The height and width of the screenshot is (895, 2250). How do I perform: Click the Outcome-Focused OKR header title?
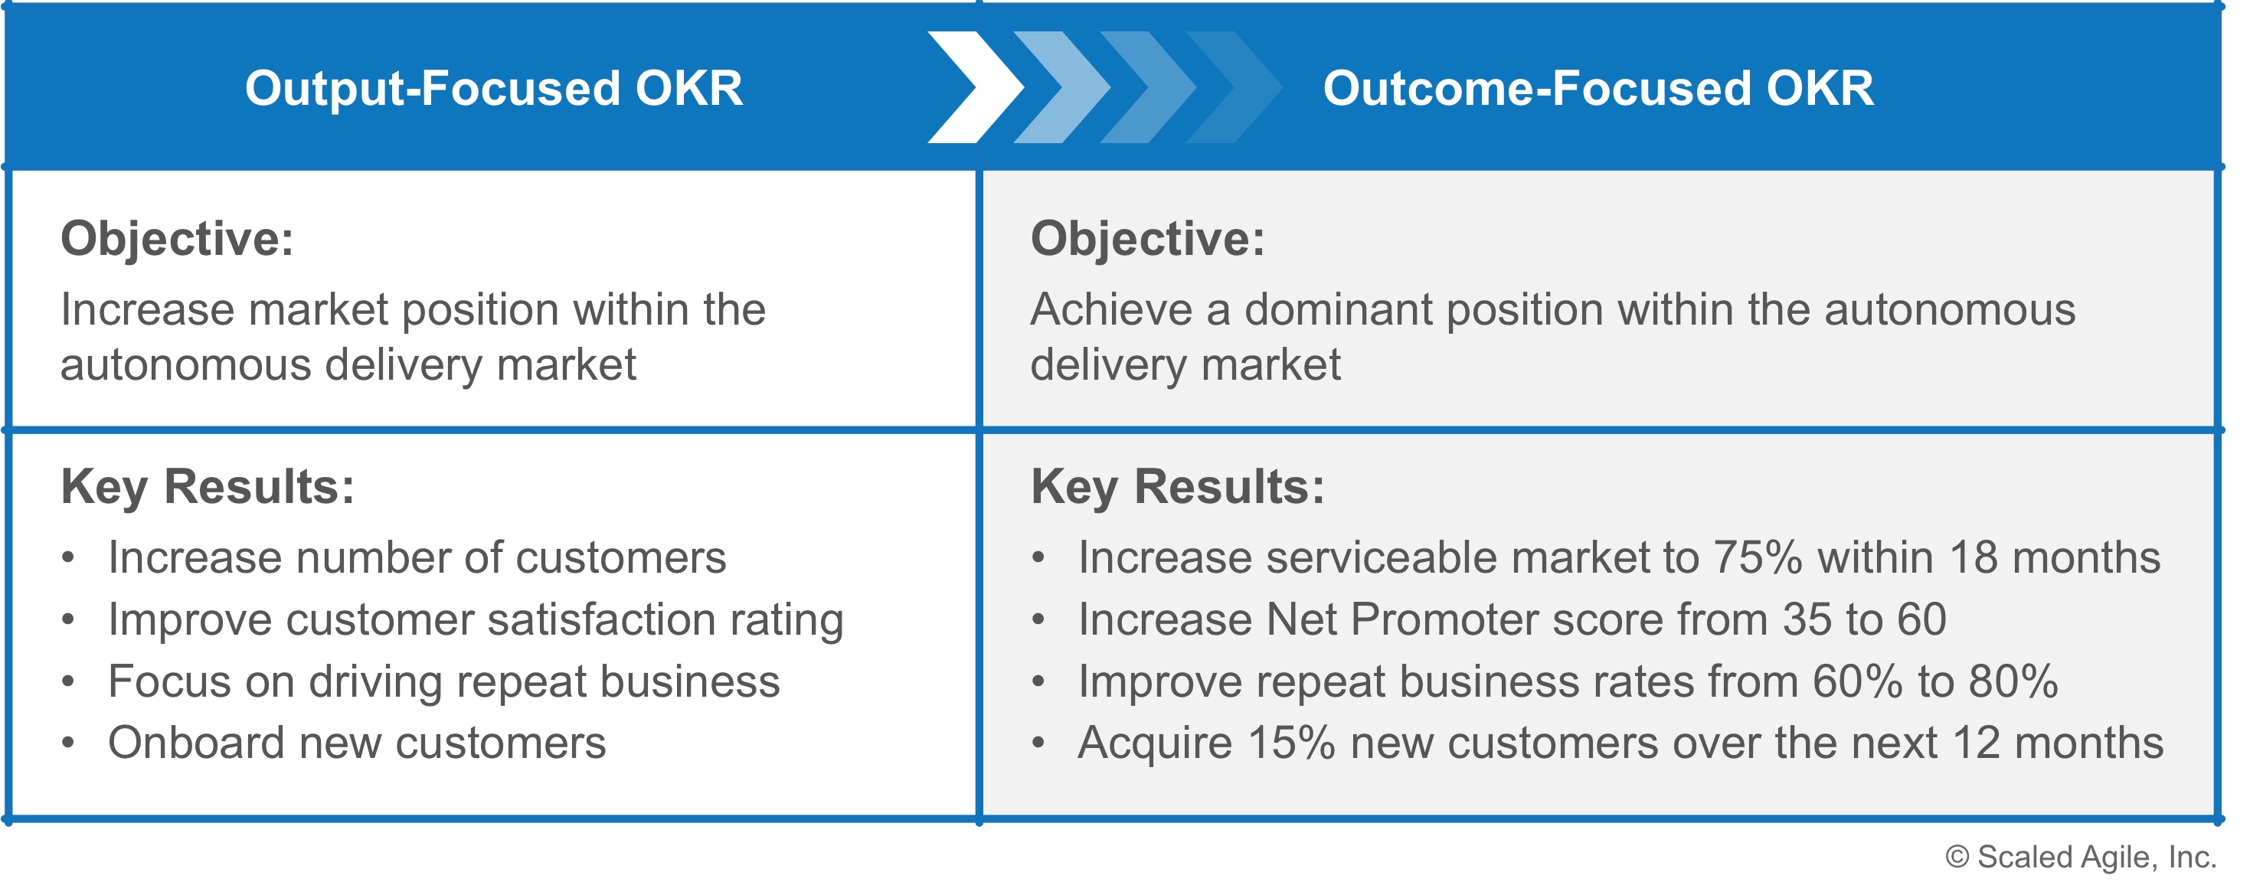1598,89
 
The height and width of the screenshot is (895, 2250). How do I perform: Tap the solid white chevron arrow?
976,87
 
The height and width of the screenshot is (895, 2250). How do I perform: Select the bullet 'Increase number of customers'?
417,558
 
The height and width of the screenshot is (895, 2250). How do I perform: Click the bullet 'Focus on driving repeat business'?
443,682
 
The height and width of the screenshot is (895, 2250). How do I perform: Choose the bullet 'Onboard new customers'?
356,743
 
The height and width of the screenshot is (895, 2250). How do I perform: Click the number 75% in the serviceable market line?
1758,558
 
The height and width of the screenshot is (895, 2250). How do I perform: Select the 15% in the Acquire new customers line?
1292,743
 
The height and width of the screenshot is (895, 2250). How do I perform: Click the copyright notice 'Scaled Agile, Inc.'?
2081,857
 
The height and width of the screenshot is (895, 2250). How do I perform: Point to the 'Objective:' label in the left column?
178,239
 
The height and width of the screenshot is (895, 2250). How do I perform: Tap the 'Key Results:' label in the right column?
1177,487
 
